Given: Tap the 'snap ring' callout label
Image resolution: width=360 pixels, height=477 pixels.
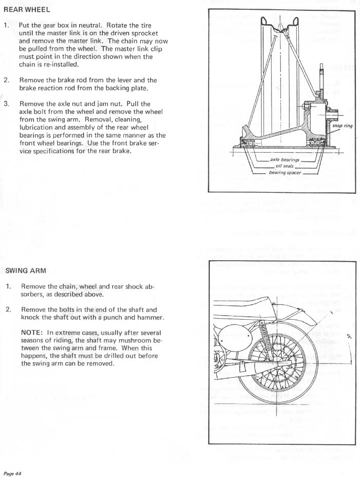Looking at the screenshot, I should (342, 126).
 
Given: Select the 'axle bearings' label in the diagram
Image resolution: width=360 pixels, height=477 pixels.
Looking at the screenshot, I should (285, 160).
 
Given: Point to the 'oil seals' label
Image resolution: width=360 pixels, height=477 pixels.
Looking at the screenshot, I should (285, 166).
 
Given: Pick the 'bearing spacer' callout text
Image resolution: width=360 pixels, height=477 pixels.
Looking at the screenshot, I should (285, 173).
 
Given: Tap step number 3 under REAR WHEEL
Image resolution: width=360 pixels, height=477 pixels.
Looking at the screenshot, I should (6, 103).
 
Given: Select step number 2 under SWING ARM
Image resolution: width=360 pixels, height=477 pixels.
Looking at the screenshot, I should (8, 309).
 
